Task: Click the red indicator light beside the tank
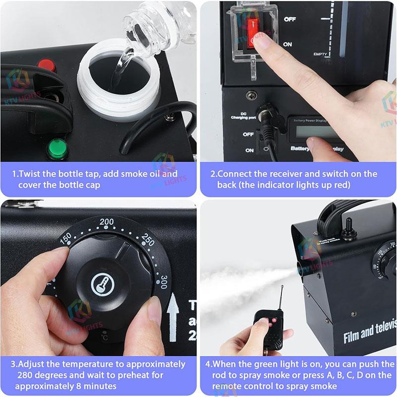coord(46,66)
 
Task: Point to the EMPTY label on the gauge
coord(320,54)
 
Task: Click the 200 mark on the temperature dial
coord(107,221)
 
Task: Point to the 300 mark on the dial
coord(164,278)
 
